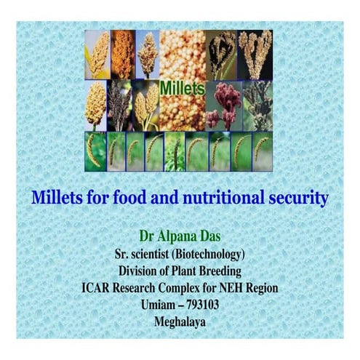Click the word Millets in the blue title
[57, 197]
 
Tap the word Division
[143, 271]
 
